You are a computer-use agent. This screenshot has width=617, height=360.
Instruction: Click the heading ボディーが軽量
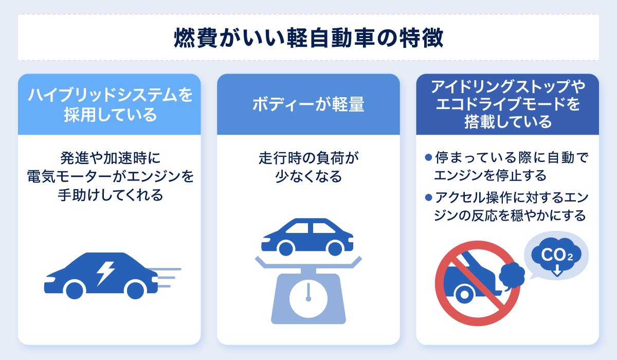(x=308, y=104)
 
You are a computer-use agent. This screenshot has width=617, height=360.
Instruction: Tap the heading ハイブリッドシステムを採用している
(x=110, y=104)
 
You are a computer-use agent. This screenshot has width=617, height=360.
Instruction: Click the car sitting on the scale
(x=308, y=237)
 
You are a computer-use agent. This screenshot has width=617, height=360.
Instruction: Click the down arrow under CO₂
(x=556, y=271)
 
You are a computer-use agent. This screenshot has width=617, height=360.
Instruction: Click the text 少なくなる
(x=308, y=177)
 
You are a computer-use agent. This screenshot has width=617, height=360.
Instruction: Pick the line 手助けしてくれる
(x=110, y=195)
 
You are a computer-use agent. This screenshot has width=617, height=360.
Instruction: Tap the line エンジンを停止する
(x=490, y=176)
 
